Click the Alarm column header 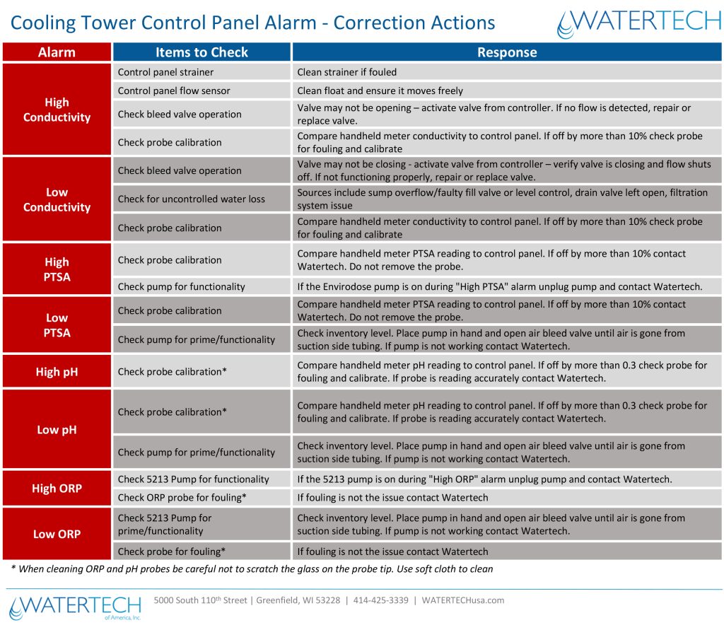pyautogui.click(x=57, y=52)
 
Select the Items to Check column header pyautogui.click(x=202, y=52)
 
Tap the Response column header pyautogui.click(x=507, y=52)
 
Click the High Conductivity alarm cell pyautogui.click(x=57, y=110)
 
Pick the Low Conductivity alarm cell pyautogui.click(x=57, y=199)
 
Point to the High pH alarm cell pyautogui.click(x=57, y=372)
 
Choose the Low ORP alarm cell pyautogui.click(x=57, y=534)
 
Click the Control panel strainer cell pyautogui.click(x=202, y=72)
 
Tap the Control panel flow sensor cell pyautogui.click(x=202, y=90)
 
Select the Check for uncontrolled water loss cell pyautogui.click(x=202, y=199)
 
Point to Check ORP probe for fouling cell pyautogui.click(x=202, y=498)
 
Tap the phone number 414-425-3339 pyautogui.click(x=381, y=600)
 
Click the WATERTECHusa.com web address pyautogui.click(x=462, y=600)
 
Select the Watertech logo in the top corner pyautogui.click(x=639, y=23)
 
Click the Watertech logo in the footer pyautogui.click(x=75, y=607)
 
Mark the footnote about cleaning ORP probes pyautogui.click(x=252, y=568)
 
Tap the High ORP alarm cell pyautogui.click(x=57, y=488)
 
